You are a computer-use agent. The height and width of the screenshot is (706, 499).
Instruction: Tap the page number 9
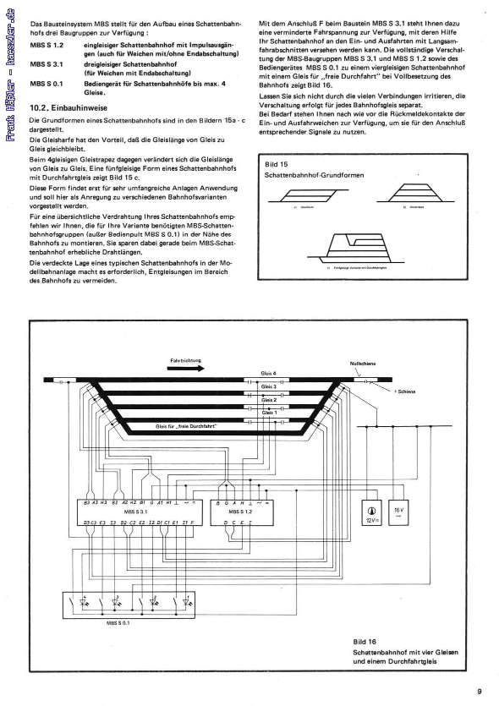pos(480,691)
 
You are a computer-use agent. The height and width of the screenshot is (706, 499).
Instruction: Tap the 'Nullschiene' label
pos(364,363)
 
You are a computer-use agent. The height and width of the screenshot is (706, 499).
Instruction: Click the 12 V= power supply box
pos(370,515)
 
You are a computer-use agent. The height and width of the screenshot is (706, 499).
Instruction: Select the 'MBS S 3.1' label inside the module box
pos(134,512)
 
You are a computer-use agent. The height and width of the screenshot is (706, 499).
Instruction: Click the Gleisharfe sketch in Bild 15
pos(300,195)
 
